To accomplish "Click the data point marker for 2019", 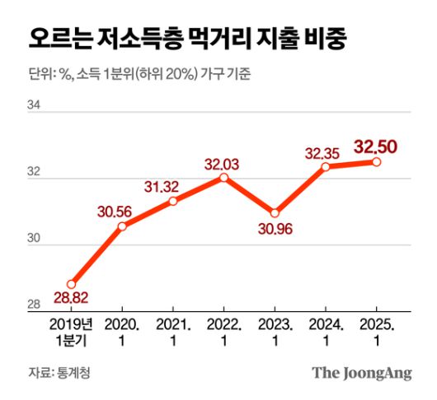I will click(71, 283).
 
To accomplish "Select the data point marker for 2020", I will click(122, 226).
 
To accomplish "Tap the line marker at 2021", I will click(173, 201).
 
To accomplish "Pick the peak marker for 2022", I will click(223, 177).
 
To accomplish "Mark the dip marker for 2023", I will click(275, 213).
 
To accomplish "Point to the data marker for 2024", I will click(326, 166).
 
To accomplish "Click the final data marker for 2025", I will click(377, 162).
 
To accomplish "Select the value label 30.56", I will click(114, 210).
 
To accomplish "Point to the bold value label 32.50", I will click(376, 147).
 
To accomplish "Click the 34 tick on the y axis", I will click(34, 105).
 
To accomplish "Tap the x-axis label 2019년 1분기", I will click(71, 331).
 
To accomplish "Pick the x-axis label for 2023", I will click(275, 331).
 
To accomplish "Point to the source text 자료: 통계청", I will click(59, 373).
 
